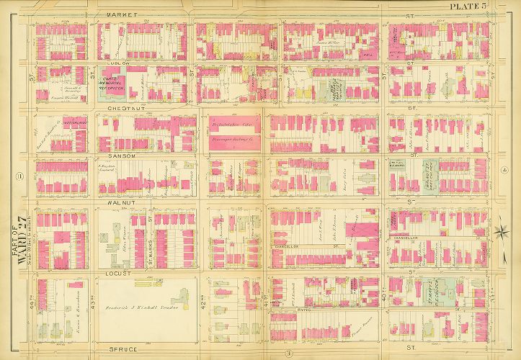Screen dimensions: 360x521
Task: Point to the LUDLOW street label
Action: pyautogui.click(x=120, y=63)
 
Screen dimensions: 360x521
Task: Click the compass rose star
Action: pyautogui.click(x=502, y=231)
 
